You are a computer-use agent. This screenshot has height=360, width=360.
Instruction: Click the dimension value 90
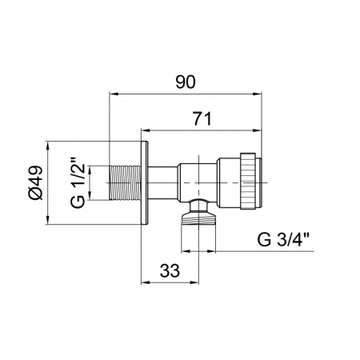186,82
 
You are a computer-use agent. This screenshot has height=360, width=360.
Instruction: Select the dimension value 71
202,118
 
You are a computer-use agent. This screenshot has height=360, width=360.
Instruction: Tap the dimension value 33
170,271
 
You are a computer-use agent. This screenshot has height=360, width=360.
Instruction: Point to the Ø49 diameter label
35,182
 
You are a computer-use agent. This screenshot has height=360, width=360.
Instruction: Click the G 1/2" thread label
78,183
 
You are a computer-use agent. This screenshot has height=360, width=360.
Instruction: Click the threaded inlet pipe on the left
125,182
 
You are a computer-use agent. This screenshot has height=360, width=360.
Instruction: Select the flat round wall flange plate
144,182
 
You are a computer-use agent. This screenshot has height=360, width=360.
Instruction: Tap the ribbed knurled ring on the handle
248,181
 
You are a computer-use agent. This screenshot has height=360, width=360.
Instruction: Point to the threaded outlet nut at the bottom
198,217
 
